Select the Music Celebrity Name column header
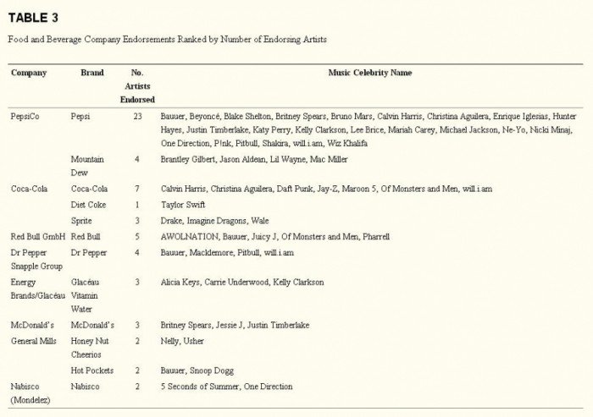click(370, 74)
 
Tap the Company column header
click(29, 74)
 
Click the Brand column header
click(91, 74)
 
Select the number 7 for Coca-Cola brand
click(137, 189)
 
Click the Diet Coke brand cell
click(91, 205)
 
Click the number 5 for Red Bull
click(137, 237)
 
